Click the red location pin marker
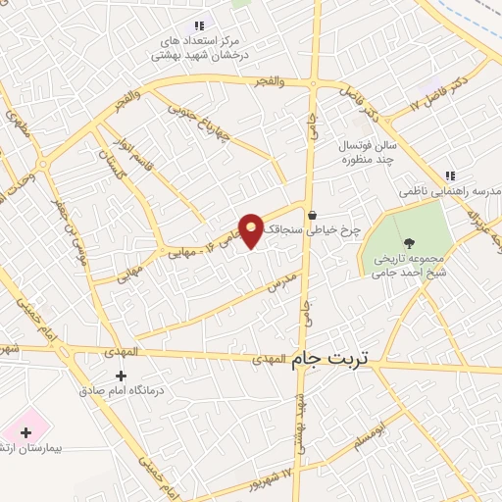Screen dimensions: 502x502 (252, 231)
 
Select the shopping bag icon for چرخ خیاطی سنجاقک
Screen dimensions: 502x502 (312, 215)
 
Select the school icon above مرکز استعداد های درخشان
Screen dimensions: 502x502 (200, 25)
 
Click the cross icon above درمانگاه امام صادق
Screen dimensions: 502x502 (121, 376)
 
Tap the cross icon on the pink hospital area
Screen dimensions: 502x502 (22, 430)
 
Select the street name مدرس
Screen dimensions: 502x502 (281, 283)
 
